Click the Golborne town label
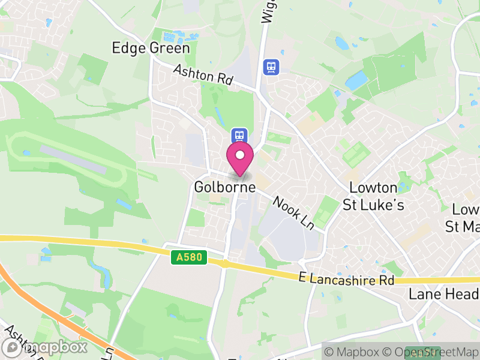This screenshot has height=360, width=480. point(225,187)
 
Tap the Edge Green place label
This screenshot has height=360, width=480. point(151,48)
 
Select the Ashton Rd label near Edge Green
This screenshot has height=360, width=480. point(203,75)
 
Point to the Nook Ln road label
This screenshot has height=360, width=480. point(293,212)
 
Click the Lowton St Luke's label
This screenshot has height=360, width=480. point(373,196)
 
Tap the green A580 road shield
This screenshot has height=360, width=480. point(188,258)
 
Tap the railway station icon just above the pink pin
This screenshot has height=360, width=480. point(239,135)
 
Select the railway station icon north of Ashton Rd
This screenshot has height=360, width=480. point(271,66)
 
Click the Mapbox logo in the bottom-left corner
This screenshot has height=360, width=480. point(44,347)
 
